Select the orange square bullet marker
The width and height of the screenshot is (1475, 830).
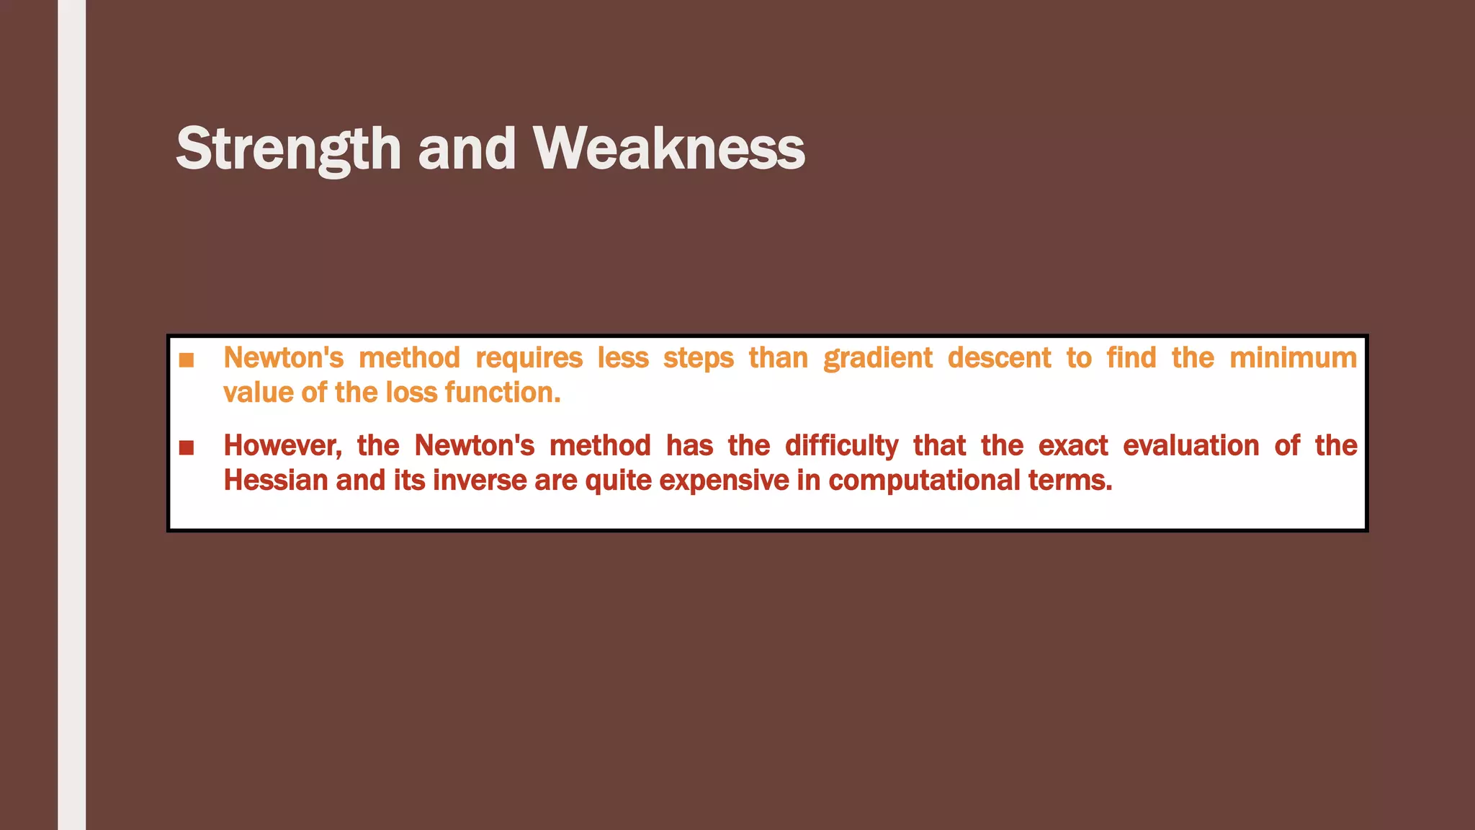187,360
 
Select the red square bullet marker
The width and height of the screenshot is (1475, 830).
187,447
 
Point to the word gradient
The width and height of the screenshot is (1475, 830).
878,358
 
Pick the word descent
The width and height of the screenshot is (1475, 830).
999,358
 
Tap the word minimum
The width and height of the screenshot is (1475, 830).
1293,358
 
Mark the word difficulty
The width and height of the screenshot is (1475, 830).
841,446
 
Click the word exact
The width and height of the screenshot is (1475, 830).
1072,446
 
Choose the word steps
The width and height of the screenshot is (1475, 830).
698,358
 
